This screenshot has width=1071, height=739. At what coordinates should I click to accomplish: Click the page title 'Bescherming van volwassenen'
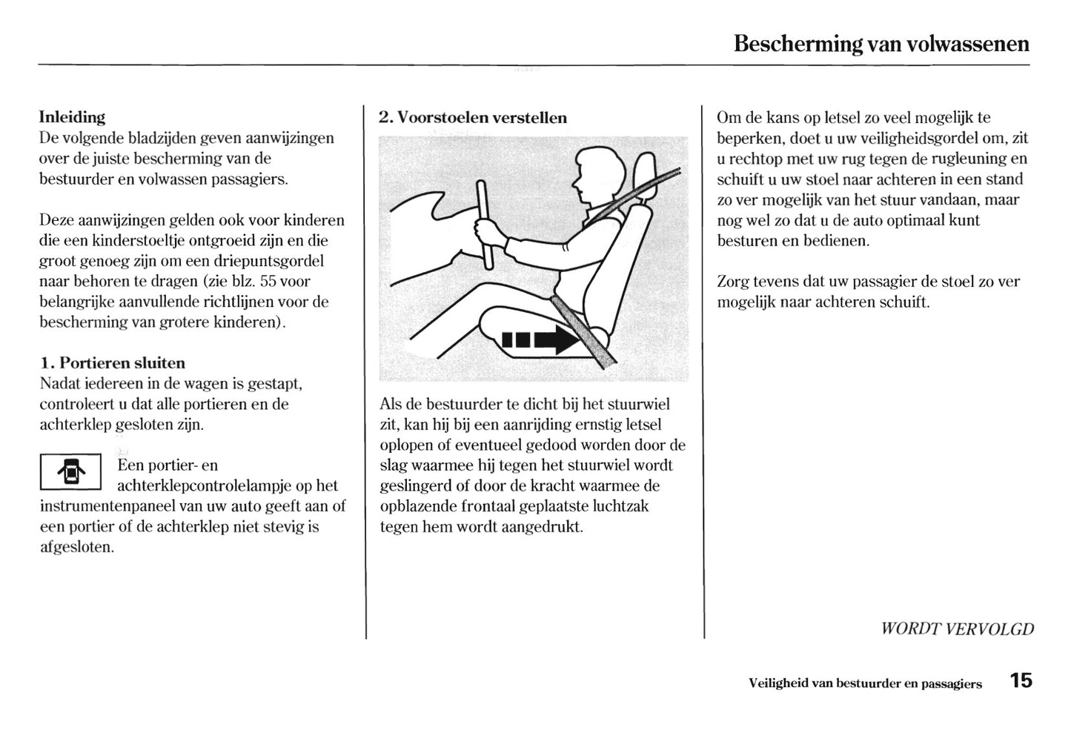881,44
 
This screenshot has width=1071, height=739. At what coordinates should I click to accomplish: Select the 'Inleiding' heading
72,117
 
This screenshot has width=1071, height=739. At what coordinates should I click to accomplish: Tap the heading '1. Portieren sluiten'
112,363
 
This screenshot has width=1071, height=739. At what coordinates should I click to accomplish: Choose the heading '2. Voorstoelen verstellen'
472,118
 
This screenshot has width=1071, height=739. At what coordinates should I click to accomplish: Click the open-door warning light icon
70,472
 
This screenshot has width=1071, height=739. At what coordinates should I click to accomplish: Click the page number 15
1020,681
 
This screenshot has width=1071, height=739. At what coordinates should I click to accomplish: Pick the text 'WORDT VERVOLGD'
956,629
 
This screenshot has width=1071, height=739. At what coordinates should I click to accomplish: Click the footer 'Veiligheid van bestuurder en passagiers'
865,683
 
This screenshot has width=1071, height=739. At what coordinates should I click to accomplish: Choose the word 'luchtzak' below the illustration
619,506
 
